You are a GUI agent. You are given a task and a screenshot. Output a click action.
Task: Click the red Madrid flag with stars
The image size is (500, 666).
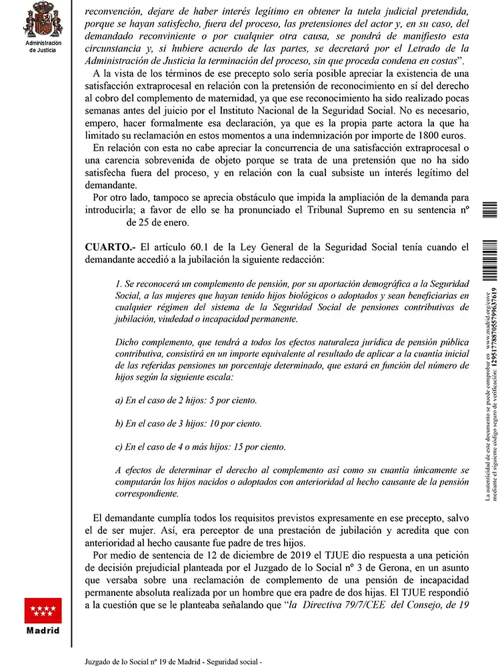(x=43, y=609)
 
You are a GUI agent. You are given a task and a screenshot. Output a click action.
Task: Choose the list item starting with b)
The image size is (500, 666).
(x=188, y=423)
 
